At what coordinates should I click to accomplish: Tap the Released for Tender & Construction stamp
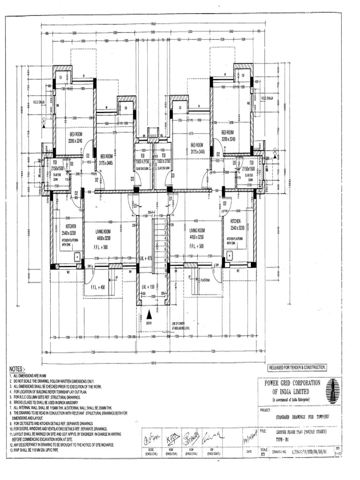[x=297, y=367]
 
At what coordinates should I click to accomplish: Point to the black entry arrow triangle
[x=149, y=315]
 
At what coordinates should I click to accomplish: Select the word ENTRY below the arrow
[x=149, y=322]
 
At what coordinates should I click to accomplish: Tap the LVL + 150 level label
[x=148, y=286]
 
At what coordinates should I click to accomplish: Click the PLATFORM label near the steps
[x=205, y=280]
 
